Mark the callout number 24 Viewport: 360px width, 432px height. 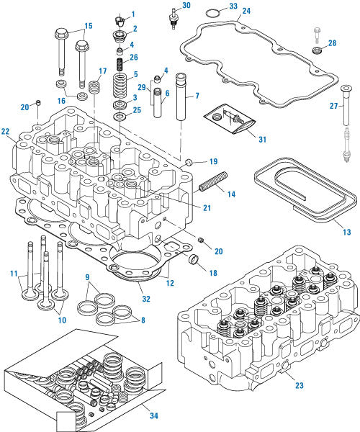[246, 12]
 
